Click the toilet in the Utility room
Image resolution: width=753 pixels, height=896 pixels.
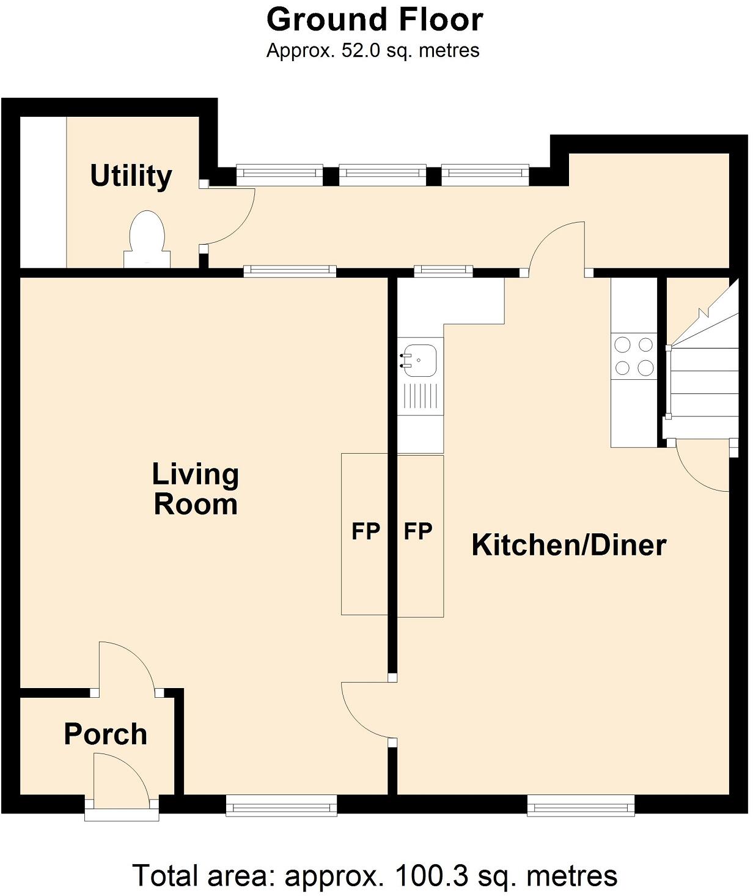tap(147, 239)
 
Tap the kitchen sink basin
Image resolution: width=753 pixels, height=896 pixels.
tap(420, 360)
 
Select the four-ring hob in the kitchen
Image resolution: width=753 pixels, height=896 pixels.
tap(634, 357)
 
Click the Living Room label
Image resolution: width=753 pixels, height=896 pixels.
tap(196, 489)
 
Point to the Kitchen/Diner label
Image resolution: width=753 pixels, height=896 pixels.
tap(568, 545)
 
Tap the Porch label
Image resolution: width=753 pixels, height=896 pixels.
tap(106, 734)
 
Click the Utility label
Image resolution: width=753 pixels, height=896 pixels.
tap(131, 176)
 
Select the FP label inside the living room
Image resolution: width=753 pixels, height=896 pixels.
tap(365, 531)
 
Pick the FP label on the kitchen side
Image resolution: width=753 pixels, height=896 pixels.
tap(418, 531)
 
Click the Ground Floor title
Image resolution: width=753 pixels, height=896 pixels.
tap(375, 20)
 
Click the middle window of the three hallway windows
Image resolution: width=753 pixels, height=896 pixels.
tap(383, 176)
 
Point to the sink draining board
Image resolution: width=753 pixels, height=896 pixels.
tap(420, 396)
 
